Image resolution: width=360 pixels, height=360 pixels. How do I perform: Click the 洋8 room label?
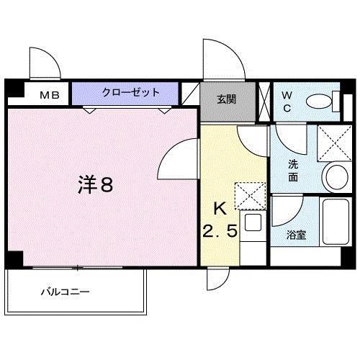(x=94, y=185)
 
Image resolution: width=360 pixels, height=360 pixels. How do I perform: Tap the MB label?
(x=49, y=94)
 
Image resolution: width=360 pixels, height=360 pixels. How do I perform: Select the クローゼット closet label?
(x=125, y=93)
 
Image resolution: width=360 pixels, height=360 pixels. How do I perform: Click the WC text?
(x=286, y=100)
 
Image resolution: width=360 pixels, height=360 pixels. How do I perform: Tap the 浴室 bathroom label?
(x=294, y=234)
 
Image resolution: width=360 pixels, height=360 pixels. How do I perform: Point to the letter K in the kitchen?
(x=220, y=210)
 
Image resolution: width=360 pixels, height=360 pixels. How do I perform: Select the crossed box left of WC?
(x=264, y=100)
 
